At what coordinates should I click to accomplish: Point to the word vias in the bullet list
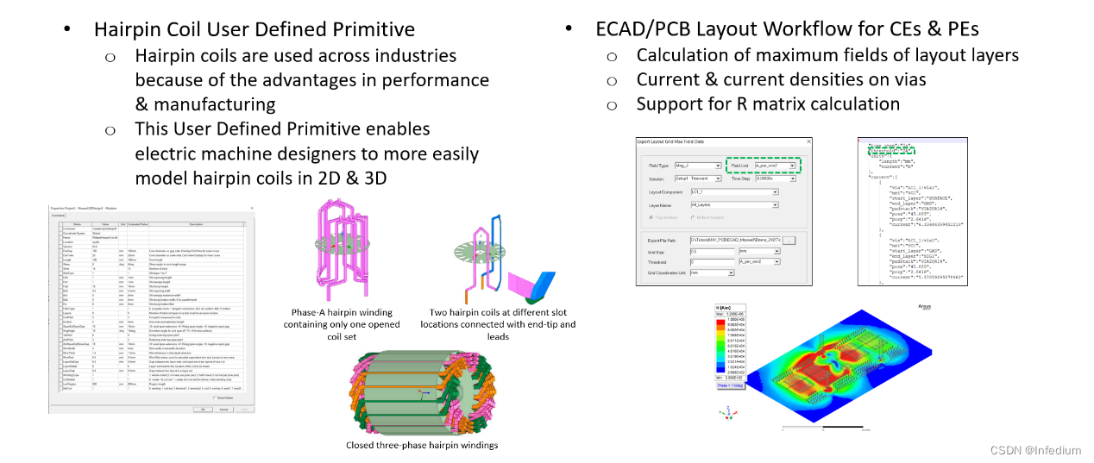click(x=904, y=79)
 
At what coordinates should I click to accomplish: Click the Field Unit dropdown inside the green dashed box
click(x=773, y=165)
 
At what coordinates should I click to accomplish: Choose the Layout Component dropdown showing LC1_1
click(x=733, y=191)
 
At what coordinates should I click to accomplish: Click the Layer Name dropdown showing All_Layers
click(x=733, y=205)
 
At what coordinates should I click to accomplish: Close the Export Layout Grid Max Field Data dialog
click(x=807, y=141)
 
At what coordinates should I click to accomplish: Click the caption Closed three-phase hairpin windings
click(x=422, y=445)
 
